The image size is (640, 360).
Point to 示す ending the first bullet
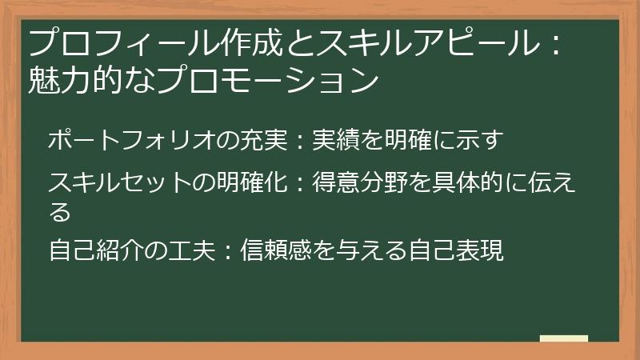click(483, 141)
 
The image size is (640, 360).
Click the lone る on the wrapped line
click(59, 212)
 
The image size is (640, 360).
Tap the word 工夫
click(190, 251)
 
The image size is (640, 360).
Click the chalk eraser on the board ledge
click(563, 338)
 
